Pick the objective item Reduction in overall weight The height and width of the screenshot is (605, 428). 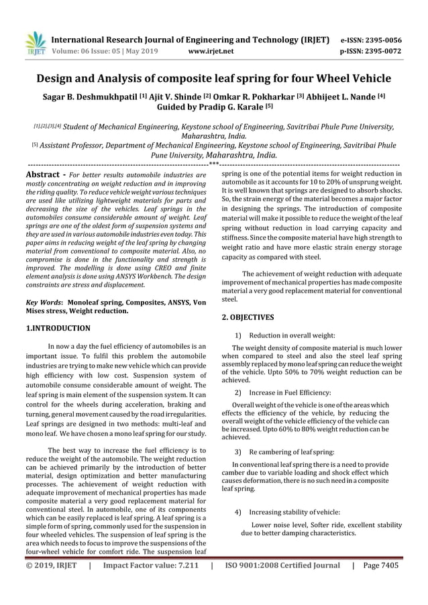tap(291, 335)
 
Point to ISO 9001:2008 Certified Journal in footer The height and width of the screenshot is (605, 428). tap(282, 565)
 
